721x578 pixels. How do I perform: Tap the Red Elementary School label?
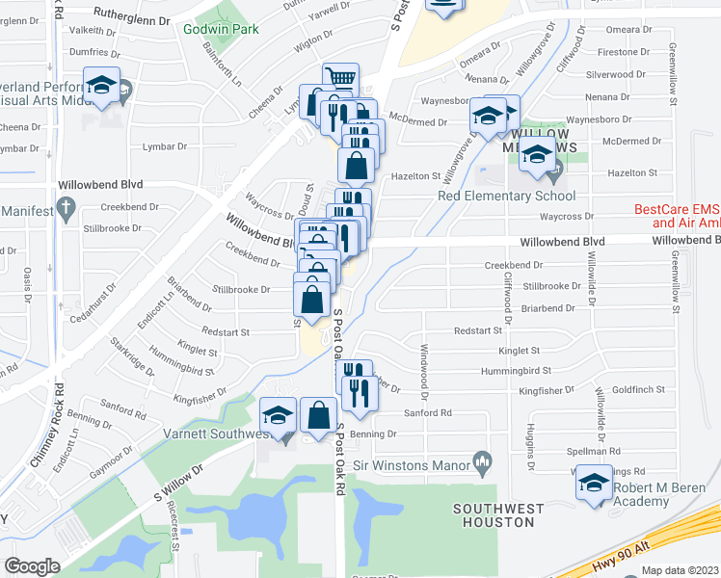point(493,197)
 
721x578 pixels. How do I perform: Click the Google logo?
point(32,566)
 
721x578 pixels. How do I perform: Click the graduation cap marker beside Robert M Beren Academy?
point(594,482)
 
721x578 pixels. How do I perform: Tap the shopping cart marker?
point(339,78)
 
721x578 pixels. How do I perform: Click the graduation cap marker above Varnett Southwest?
point(278,414)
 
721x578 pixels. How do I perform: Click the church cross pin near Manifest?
point(66,206)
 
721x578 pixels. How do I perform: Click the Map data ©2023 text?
point(681,569)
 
